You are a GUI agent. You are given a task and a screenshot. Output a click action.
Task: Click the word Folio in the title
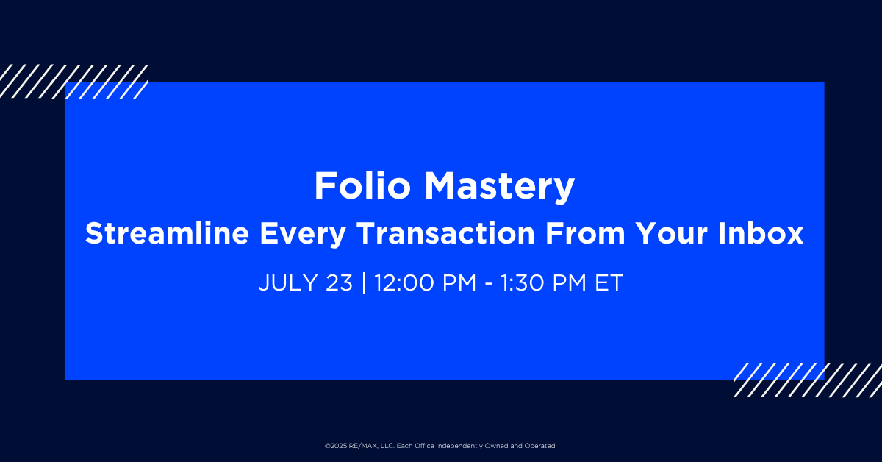pos(362,185)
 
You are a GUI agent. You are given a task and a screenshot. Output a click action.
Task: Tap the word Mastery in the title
pos(499,188)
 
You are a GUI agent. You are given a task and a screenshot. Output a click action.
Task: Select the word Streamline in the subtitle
pos(168,233)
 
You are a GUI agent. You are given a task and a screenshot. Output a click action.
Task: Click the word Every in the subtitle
pos(302,235)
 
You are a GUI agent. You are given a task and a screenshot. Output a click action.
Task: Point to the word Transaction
pos(445,233)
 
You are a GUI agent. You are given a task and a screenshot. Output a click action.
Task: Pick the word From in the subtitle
pos(585,233)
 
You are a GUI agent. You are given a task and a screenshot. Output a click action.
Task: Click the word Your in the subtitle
pos(671,233)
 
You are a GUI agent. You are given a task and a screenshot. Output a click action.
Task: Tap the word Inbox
pos(760,233)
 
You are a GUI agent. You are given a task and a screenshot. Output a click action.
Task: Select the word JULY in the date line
pos(288,282)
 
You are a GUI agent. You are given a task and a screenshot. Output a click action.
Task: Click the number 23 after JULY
pos(339,282)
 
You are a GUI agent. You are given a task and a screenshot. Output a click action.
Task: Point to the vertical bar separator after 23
pos(363,282)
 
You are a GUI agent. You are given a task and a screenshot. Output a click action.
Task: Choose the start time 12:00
pos(404,282)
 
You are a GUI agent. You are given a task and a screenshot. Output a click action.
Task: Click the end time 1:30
pos(523,282)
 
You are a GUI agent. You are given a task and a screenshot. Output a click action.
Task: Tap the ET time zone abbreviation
pos(609,282)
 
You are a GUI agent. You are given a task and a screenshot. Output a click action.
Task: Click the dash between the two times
pos(488,285)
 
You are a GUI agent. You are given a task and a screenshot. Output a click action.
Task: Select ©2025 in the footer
pos(336,446)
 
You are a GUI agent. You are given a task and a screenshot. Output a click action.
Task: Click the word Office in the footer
pos(425,446)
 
